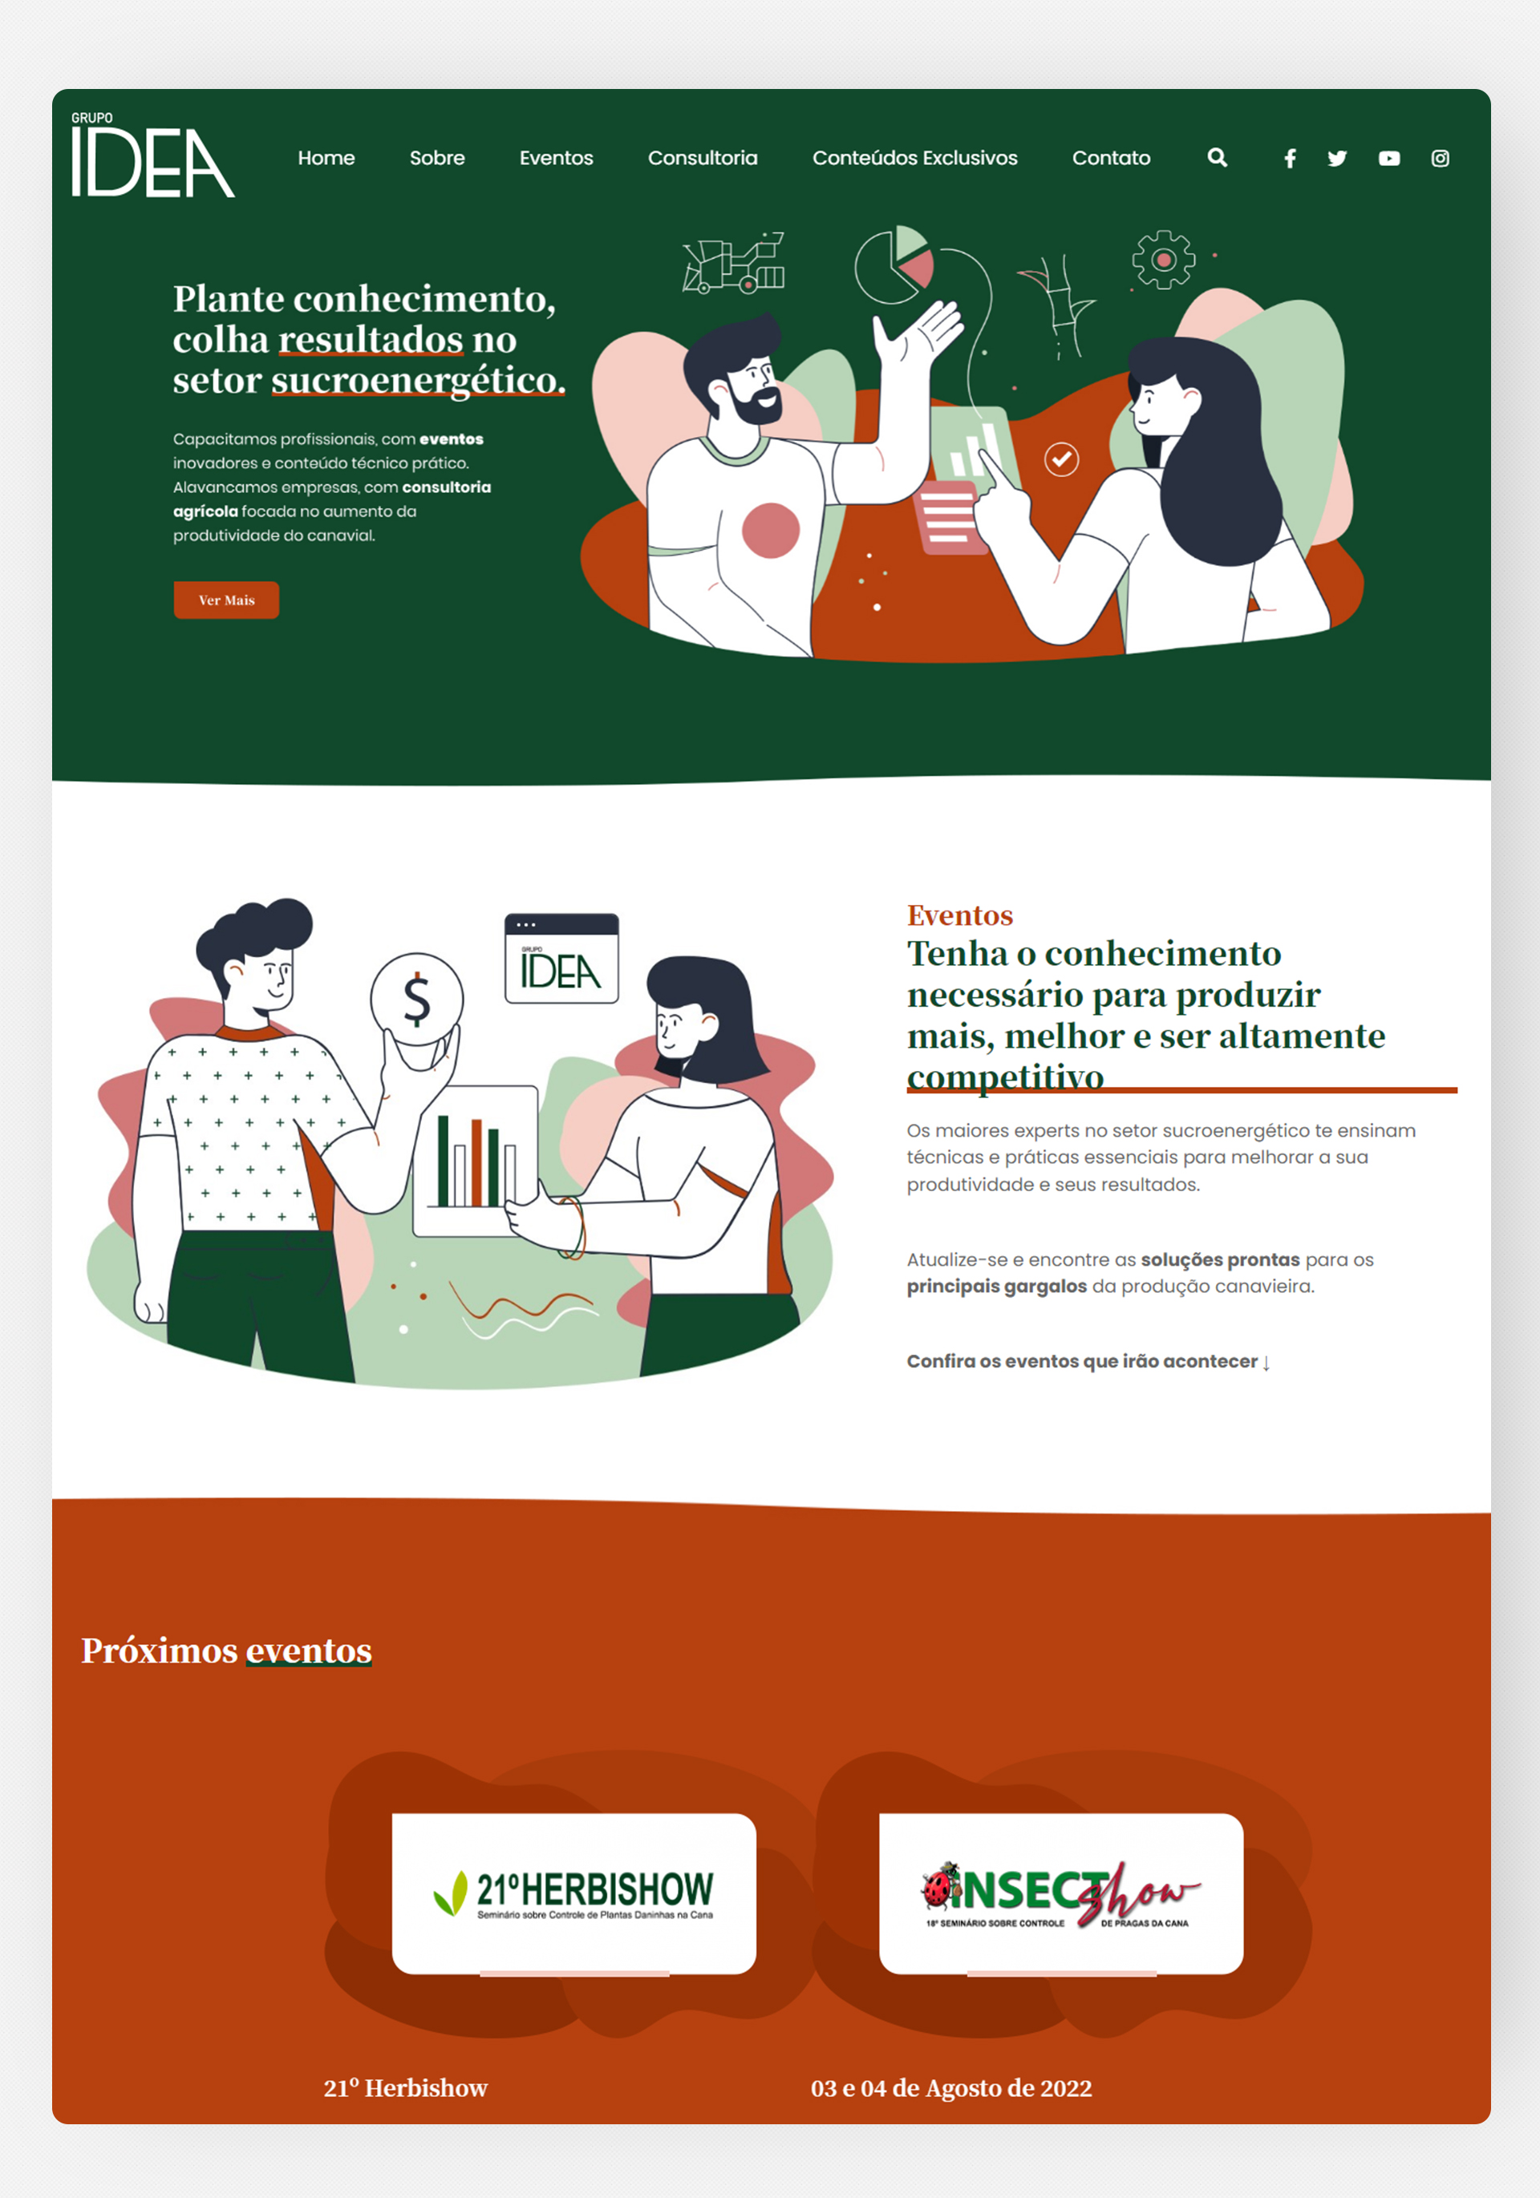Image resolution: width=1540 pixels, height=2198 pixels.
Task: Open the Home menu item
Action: (326, 158)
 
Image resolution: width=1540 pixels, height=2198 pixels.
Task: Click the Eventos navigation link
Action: (557, 158)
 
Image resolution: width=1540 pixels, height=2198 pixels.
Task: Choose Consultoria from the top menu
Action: (703, 158)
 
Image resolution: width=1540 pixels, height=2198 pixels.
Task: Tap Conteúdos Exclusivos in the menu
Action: (914, 158)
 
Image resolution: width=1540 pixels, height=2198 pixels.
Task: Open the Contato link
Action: (1111, 158)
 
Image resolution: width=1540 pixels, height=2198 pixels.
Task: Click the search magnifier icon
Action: (1218, 158)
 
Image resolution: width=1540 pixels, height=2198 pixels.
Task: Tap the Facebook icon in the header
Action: (1290, 159)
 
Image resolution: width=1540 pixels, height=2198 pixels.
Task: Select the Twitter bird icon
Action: (1337, 159)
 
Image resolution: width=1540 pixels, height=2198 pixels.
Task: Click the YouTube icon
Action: (1388, 159)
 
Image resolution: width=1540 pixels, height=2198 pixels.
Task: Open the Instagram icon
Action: (1441, 159)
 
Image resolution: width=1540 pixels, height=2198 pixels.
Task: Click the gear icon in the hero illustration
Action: (1164, 260)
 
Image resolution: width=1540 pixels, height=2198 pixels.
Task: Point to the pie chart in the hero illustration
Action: (894, 265)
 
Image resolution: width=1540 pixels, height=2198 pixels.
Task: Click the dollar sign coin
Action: (416, 999)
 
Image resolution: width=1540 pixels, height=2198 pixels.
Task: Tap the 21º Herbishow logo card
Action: (573, 1893)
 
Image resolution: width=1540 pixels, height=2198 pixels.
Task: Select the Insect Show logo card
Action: (1061, 1893)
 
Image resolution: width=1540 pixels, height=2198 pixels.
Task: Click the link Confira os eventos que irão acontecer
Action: (1088, 1361)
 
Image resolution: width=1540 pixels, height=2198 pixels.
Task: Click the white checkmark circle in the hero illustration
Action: (1061, 459)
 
